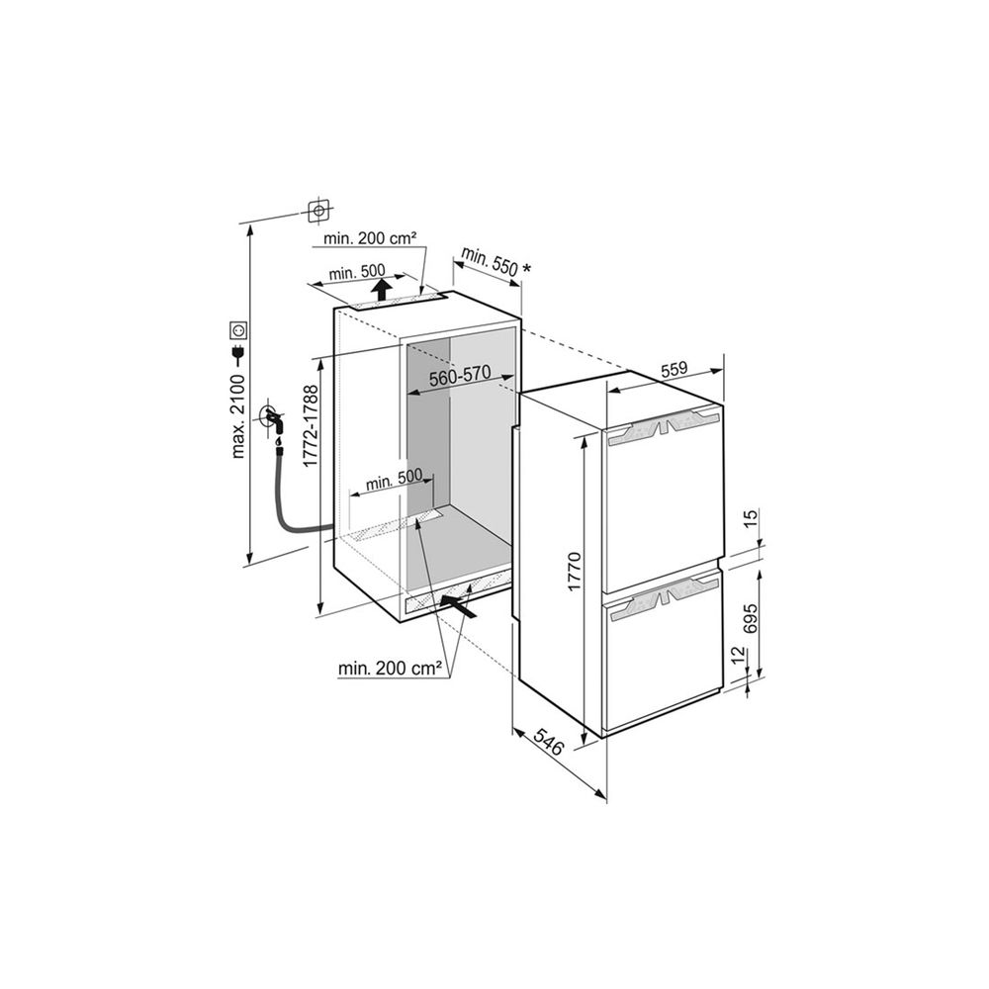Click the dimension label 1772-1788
(x=311, y=426)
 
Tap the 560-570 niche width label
(x=460, y=376)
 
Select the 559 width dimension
(x=674, y=369)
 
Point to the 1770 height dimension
(x=574, y=572)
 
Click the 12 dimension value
(x=739, y=656)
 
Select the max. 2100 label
(x=237, y=415)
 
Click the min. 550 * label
(x=496, y=260)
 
